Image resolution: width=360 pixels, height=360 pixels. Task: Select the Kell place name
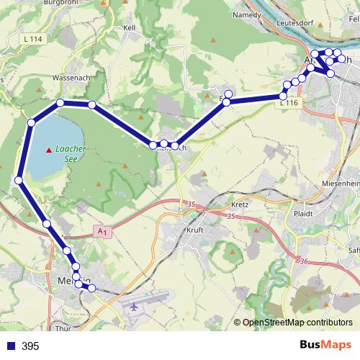[x=130, y=28]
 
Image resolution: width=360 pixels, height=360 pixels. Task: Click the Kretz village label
[x=240, y=204]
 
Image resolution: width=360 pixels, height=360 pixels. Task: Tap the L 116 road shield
[x=288, y=104]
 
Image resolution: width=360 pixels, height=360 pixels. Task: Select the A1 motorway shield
[x=103, y=231]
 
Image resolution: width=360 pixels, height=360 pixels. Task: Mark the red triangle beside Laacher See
[x=49, y=150]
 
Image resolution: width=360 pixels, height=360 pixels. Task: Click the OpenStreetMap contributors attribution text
[x=297, y=323]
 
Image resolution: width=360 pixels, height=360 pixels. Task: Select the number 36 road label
[x=304, y=261]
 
